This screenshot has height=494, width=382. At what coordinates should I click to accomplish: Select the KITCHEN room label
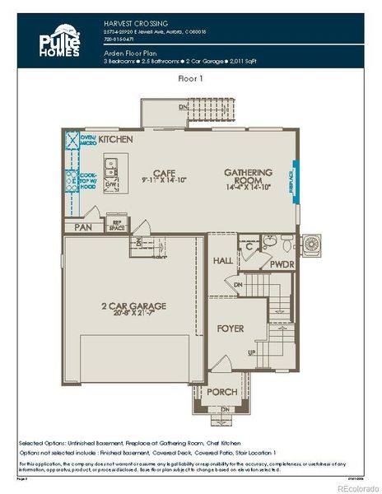(x=116, y=140)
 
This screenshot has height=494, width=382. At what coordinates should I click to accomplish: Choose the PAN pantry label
(x=82, y=227)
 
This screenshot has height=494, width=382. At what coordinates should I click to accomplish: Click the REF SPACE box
(x=117, y=223)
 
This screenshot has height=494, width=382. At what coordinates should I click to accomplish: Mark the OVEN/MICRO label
(x=86, y=140)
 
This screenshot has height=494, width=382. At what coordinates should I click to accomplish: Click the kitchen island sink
(x=112, y=171)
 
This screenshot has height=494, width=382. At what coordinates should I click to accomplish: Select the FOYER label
(x=231, y=328)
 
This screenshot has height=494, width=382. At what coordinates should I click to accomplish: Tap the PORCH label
(x=221, y=391)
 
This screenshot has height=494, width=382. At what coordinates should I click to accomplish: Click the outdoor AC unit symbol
(x=313, y=245)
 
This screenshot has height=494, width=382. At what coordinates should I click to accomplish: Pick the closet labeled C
(x=249, y=245)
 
